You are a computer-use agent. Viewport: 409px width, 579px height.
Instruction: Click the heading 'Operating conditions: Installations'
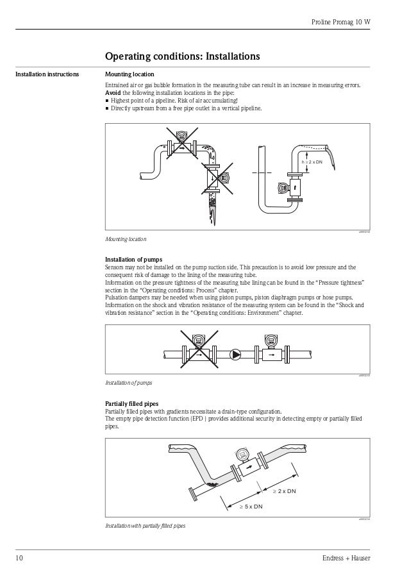(182, 56)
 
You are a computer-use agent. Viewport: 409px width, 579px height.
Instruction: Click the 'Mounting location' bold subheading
(129, 74)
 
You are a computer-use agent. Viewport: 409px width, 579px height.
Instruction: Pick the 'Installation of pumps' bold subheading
(133, 259)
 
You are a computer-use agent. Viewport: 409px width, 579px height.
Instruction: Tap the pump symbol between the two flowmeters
(236, 353)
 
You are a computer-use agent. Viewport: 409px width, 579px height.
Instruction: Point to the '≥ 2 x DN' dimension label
(284, 491)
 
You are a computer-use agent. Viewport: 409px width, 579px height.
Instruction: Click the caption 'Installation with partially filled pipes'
(145, 526)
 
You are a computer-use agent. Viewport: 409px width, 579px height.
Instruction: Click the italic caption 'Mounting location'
(125, 239)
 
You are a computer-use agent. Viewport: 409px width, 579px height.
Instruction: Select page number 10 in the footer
(20, 559)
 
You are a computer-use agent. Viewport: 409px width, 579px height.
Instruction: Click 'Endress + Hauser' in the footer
(348, 559)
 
